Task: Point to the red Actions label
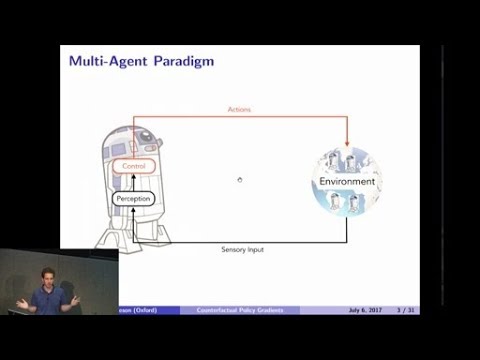[x=238, y=109]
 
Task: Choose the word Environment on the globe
[x=347, y=182]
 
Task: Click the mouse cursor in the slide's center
[x=239, y=180]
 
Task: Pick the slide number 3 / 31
[x=405, y=310]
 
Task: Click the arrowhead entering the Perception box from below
[x=132, y=211]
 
